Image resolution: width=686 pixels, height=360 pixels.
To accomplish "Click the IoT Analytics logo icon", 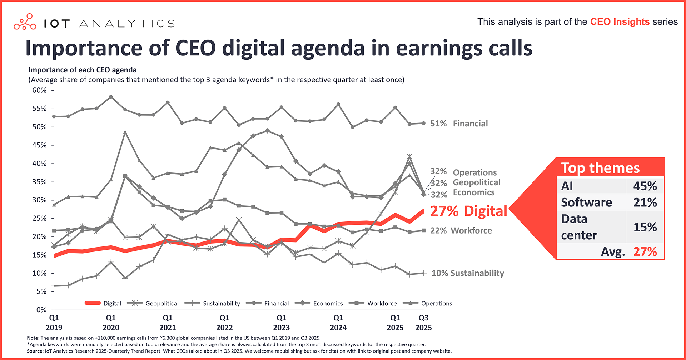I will pyautogui.click(x=25, y=22).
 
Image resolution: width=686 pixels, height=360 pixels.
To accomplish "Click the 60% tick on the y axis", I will pyautogui.click(x=39, y=91).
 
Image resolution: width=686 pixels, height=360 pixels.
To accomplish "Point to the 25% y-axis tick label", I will pyautogui.click(x=39, y=219).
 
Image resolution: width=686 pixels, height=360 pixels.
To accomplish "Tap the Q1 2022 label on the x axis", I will pyautogui.click(x=224, y=322).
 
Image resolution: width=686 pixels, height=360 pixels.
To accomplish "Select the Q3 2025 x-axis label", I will pyautogui.click(x=423, y=322).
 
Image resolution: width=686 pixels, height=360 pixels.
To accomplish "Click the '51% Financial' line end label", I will pyautogui.click(x=459, y=124).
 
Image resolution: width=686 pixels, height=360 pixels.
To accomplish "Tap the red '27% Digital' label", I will pyautogui.click(x=468, y=211).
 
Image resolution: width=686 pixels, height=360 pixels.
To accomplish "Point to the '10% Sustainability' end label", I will pyautogui.click(x=468, y=273).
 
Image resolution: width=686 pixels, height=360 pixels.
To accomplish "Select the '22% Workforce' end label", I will pyautogui.click(x=461, y=231).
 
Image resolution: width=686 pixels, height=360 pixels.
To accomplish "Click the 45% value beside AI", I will pyautogui.click(x=645, y=186).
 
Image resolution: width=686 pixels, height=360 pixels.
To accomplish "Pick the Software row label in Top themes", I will pyautogui.click(x=586, y=202).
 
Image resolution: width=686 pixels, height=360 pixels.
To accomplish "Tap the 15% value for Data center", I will pyautogui.click(x=645, y=227).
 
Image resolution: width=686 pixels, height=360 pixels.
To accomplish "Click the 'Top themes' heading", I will pyautogui.click(x=600, y=168).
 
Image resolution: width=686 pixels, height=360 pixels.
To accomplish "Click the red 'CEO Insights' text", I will pyautogui.click(x=620, y=22).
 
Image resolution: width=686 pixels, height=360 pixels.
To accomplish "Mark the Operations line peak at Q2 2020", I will pyautogui.click(x=125, y=132).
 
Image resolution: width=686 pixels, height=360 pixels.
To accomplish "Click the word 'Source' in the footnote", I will pyautogui.click(x=35, y=351).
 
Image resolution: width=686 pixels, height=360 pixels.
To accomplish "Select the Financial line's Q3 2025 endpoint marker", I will pyautogui.click(x=424, y=123).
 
